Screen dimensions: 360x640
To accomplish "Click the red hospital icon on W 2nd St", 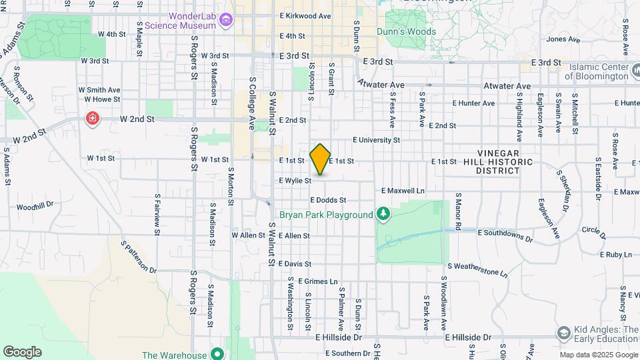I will pos(91,119).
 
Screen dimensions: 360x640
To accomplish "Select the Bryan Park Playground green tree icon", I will pos(383,214).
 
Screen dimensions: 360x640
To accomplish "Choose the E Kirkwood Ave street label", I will pos(305,15).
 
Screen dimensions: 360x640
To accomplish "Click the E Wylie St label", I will pos(295,181).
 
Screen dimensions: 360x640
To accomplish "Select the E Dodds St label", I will pos(328,200).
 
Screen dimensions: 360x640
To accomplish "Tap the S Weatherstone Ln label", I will pos(477,269).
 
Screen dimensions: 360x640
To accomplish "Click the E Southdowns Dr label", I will pos(506,235).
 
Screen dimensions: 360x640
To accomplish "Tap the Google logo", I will pos(22,351).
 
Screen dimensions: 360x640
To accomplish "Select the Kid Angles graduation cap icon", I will pos(563,333).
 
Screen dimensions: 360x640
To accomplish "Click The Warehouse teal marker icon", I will pos(217,353).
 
